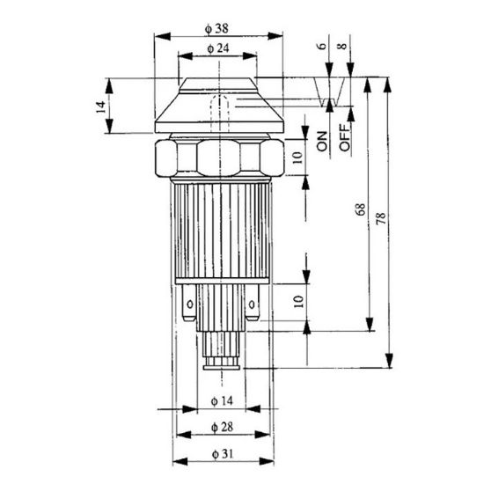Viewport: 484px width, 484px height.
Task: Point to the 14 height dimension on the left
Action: (x=100, y=106)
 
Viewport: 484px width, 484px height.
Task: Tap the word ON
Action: (x=322, y=141)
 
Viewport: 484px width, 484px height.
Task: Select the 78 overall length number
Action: (x=380, y=218)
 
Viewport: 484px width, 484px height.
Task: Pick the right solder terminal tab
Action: (x=253, y=307)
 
